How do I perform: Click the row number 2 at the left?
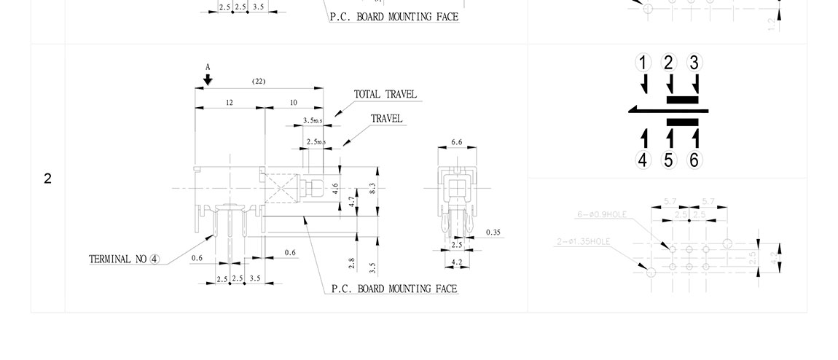click(x=48, y=179)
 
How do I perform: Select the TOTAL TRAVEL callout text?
click(x=385, y=94)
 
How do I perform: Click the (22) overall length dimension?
click(x=259, y=81)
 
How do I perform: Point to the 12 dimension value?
click(x=229, y=103)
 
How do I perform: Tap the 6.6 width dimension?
click(x=457, y=142)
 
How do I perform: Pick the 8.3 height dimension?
click(x=372, y=188)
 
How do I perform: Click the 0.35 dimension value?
click(x=493, y=232)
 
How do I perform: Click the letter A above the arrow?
click(x=208, y=66)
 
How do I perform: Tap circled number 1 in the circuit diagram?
click(x=643, y=63)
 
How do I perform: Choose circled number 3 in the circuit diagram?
click(x=694, y=63)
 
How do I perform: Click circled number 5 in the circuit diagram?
click(x=669, y=160)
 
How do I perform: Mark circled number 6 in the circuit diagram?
click(x=694, y=160)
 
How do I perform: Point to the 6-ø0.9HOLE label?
click(x=601, y=214)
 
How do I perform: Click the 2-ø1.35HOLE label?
click(x=583, y=241)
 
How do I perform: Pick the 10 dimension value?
click(x=293, y=103)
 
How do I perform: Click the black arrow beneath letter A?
click(x=208, y=79)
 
